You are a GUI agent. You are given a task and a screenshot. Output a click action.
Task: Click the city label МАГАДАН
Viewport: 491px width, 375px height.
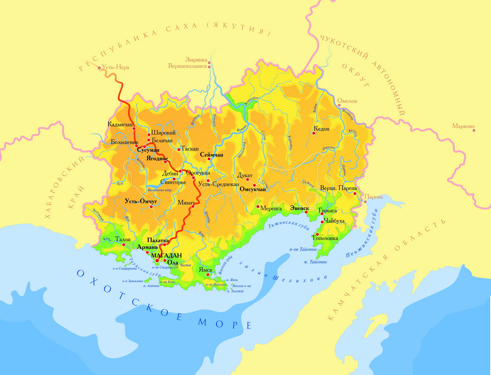166,255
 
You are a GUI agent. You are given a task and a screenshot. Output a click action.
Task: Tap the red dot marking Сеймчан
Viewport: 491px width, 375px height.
209,159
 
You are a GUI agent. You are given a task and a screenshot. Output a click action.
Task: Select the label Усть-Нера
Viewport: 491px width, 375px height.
115,67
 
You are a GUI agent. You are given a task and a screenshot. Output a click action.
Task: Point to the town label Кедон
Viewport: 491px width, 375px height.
321,129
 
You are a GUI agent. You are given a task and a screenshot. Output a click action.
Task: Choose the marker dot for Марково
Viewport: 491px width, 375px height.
474,130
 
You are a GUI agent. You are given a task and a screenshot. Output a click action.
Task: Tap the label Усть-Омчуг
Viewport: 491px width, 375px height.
141,201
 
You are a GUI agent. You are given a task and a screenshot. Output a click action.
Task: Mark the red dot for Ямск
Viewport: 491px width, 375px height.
208,275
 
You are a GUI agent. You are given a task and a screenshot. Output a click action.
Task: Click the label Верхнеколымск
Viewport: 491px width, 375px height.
188,66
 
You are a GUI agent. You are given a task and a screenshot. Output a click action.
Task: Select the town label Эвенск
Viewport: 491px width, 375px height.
299,208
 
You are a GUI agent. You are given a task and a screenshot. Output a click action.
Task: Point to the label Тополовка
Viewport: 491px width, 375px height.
325,238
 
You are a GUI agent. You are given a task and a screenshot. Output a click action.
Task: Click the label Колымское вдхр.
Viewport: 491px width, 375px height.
160,190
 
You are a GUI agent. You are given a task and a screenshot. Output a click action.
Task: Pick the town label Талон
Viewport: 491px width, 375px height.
123,239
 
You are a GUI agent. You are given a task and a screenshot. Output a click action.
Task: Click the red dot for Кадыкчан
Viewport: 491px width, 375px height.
134,129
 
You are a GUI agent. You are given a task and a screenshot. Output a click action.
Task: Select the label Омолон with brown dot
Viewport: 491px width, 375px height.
347,101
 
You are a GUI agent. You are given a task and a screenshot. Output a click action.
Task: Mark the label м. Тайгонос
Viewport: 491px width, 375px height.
315,262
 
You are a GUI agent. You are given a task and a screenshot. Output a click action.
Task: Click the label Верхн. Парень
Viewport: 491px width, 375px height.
338,188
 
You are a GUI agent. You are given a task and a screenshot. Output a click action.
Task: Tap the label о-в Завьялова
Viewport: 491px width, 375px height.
133,281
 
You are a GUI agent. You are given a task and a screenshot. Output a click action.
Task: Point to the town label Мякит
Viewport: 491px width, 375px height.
186,203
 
